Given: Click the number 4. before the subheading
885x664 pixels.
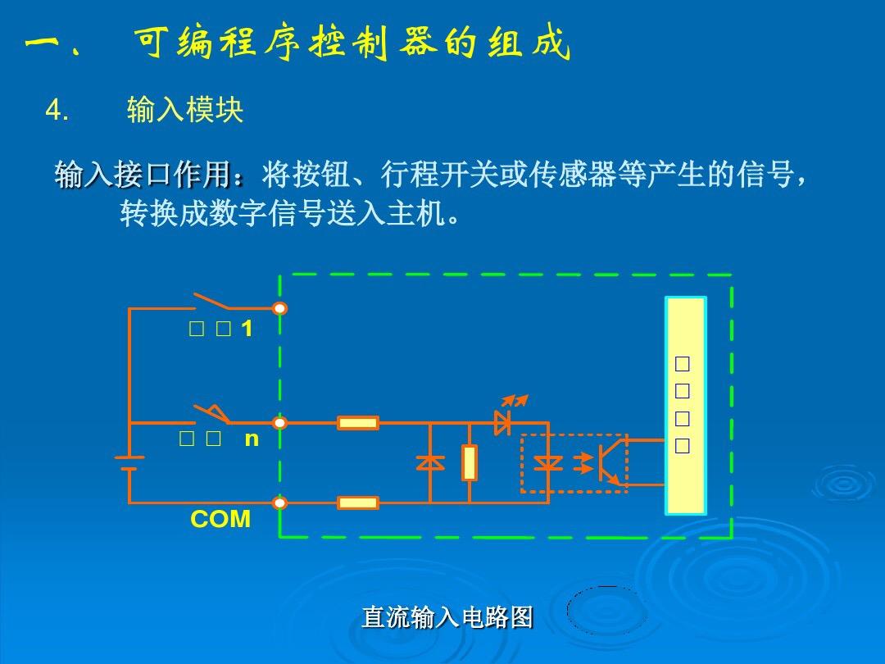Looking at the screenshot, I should click(x=57, y=110).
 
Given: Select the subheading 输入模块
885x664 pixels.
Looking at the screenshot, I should click(x=185, y=110).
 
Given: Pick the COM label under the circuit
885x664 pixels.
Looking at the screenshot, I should click(x=220, y=520).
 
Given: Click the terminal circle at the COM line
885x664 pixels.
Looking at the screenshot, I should click(x=280, y=503).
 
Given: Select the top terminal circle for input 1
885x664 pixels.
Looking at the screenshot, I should click(x=280, y=308).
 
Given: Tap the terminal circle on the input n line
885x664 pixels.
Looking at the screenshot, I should click(x=280, y=423).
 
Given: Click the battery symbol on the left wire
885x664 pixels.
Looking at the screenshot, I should click(x=129, y=463).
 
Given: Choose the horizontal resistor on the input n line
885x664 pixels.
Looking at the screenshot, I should click(x=358, y=423).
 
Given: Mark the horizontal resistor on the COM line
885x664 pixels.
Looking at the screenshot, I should click(x=358, y=503).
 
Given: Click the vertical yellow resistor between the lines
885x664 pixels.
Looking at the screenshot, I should click(x=470, y=462).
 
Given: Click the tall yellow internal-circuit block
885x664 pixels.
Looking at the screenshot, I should click(x=685, y=406).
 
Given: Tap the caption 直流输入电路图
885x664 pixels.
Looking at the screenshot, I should click(x=447, y=616).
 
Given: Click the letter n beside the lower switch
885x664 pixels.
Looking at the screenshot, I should click(x=252, y=439).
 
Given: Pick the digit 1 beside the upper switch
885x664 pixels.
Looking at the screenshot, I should click(x=247, y=330).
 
